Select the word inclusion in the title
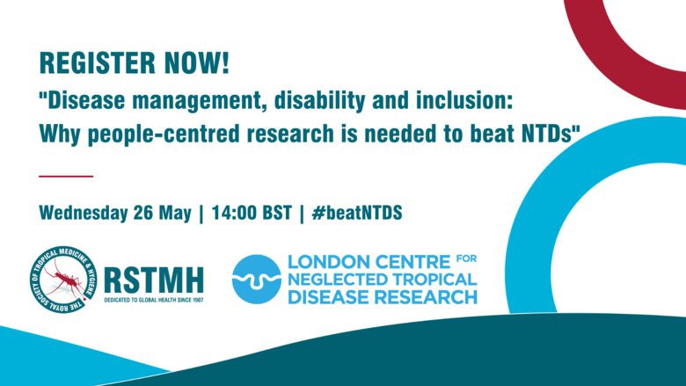(x=464, y=100)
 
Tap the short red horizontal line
(x=66, y=176)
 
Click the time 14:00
(x=234, y=213)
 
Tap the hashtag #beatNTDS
(x=357, y=213)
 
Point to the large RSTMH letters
(x=154, y=280)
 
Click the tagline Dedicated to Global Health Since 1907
(x=154, y=301)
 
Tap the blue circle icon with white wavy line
(x=257, y=280)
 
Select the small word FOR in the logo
(x=466, y=259)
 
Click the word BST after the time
(x=277, y=213)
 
